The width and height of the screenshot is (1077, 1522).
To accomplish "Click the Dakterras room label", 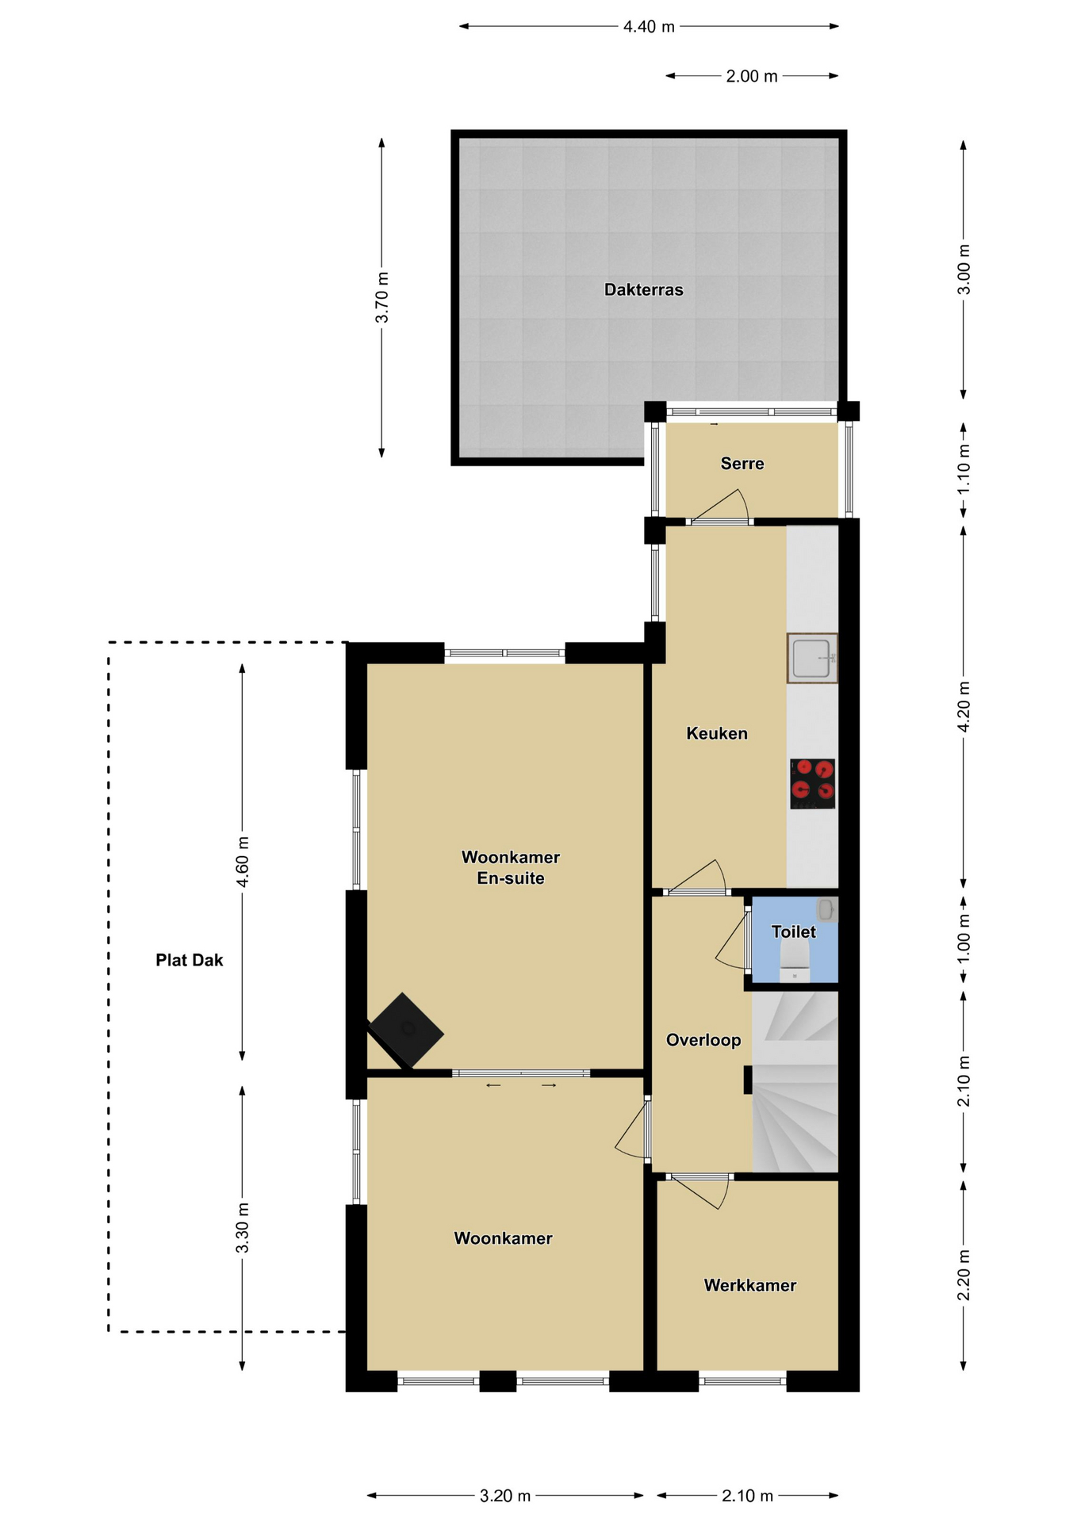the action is pos(643,290).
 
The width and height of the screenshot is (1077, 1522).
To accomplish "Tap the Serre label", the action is pos(742,464).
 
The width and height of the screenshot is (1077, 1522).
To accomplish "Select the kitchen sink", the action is pos(812,658).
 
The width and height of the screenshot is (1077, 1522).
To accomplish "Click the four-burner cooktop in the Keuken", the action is pos(813,783).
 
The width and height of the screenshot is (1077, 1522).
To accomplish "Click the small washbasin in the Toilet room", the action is pos(826,909).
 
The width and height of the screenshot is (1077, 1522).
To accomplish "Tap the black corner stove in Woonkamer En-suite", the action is pos(405,1030).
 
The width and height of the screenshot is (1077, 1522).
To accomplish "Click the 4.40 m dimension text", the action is pos(649,27).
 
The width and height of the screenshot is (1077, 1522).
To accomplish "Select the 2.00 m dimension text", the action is pos(752,77).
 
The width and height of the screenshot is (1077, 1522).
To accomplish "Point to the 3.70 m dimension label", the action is pos(382,297).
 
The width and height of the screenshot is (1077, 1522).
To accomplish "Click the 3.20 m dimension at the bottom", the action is pos(505,1496).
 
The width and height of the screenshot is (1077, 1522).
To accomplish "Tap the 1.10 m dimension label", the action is pos(964,469).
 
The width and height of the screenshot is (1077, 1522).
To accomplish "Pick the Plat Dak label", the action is pos(190,961).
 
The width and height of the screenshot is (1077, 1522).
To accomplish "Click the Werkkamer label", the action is pos(750,1286).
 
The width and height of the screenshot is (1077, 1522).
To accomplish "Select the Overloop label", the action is pos(703,1040).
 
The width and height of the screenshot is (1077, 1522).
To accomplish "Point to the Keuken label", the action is pos(717,734).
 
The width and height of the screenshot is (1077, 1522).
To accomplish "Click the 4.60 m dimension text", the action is pos(243,862).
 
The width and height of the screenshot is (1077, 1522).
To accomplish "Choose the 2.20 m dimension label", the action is pos(964,1275).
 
